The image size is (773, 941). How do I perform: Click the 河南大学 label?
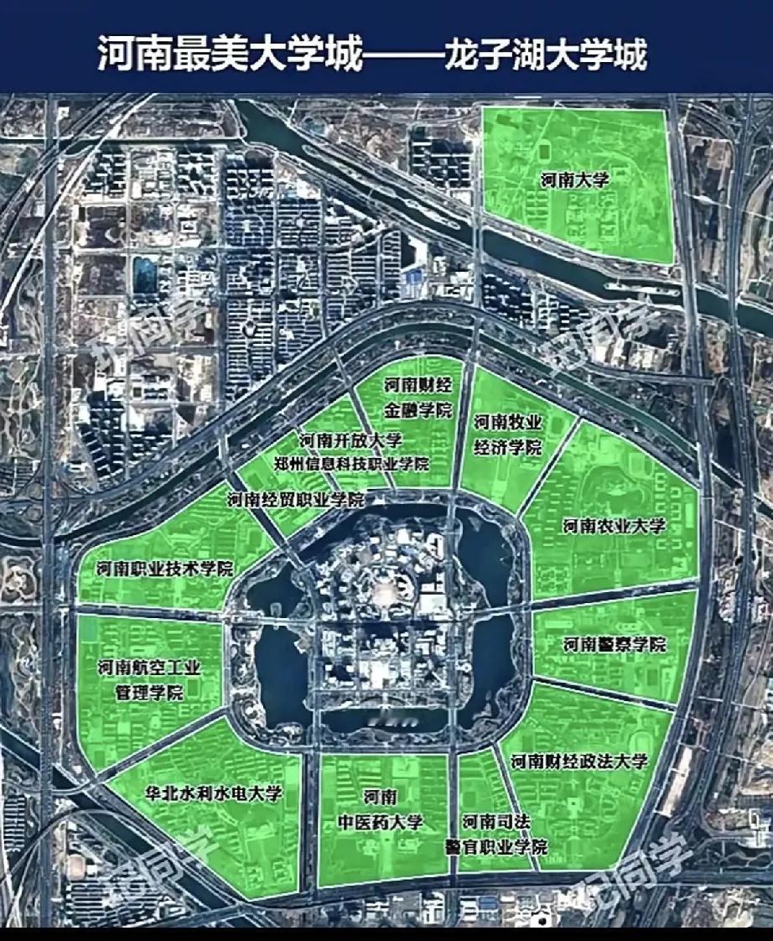573,179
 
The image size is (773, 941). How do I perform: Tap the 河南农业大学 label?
614,526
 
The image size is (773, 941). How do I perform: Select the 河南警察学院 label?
614,645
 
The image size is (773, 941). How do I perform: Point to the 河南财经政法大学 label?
580,762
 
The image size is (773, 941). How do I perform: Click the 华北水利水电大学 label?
213,793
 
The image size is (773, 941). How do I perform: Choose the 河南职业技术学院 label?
164,569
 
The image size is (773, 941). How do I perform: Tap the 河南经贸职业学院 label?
295,500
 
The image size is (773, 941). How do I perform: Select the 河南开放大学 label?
350,440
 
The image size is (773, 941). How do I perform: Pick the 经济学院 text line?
507,446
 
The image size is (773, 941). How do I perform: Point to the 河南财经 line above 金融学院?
418,386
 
